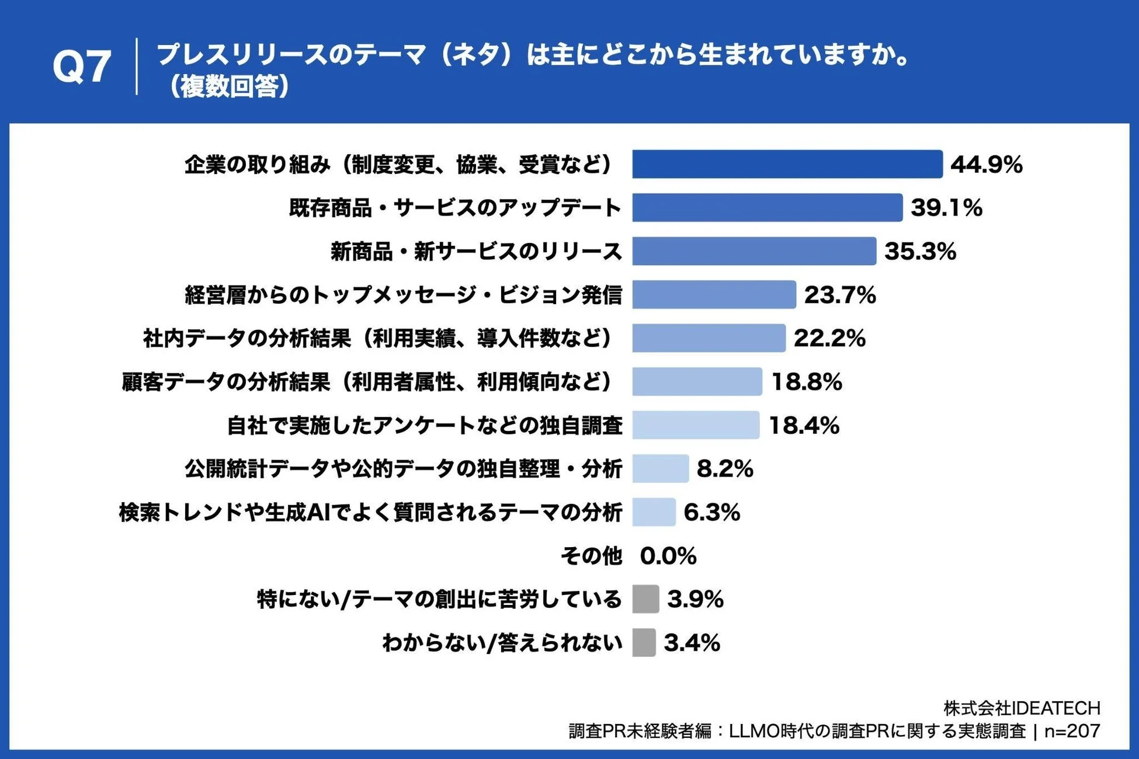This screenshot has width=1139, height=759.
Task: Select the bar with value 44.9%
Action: [x=787, y=164]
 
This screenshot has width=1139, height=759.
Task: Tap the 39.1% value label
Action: [x=946, y=208]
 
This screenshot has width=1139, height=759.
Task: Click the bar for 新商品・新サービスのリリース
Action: [x=753, y=251]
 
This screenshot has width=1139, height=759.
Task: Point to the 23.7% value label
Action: [x=839, y=295]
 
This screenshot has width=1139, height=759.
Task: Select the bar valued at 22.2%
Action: [x=709, y=338]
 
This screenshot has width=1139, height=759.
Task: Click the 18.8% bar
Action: [x=697, y=382]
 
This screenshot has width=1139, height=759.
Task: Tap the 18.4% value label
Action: [x=804, y=425]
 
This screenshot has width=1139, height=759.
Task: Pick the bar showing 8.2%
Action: [x=660, y=469]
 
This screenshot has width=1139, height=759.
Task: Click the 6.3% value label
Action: [x=711, y=513]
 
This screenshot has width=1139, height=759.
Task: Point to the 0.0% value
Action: [x=668, y=556]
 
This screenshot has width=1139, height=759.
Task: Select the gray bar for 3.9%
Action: [x=645, y=599]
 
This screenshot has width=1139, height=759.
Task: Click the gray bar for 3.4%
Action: [x=644, y=643]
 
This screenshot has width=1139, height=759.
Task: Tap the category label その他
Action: [x=591, y=556]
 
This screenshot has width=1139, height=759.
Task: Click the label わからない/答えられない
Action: [x=502, y=643]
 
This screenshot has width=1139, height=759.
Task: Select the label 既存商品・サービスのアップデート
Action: [x=455, y=208]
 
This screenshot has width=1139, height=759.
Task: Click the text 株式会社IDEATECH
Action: [x=1022, y=708]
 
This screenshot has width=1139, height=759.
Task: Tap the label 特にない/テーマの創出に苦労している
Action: [x=439, y=599]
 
